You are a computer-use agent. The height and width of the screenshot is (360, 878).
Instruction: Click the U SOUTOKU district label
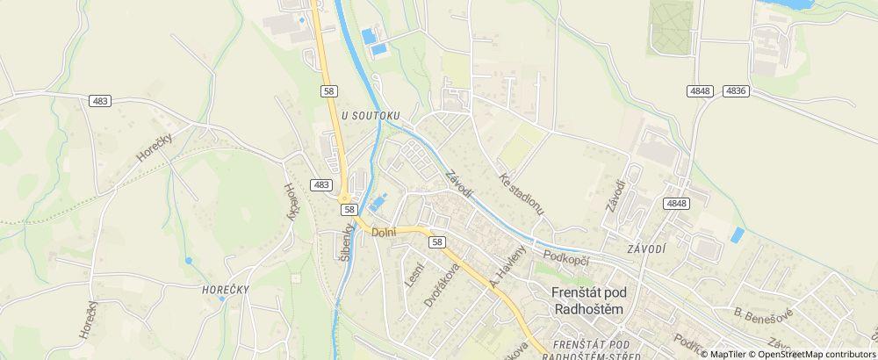(370, 115)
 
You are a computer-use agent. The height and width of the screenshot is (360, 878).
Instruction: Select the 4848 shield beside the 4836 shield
(700, 90)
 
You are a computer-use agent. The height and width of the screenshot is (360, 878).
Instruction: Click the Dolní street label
(385, 233)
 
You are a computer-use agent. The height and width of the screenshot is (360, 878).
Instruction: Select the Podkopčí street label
(564, 256)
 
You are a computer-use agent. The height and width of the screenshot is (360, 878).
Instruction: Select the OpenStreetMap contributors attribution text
(813, 354)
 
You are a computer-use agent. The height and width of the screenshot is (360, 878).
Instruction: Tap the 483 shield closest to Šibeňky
(321, 184)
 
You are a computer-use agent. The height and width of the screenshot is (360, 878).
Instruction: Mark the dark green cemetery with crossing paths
(671, 26)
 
